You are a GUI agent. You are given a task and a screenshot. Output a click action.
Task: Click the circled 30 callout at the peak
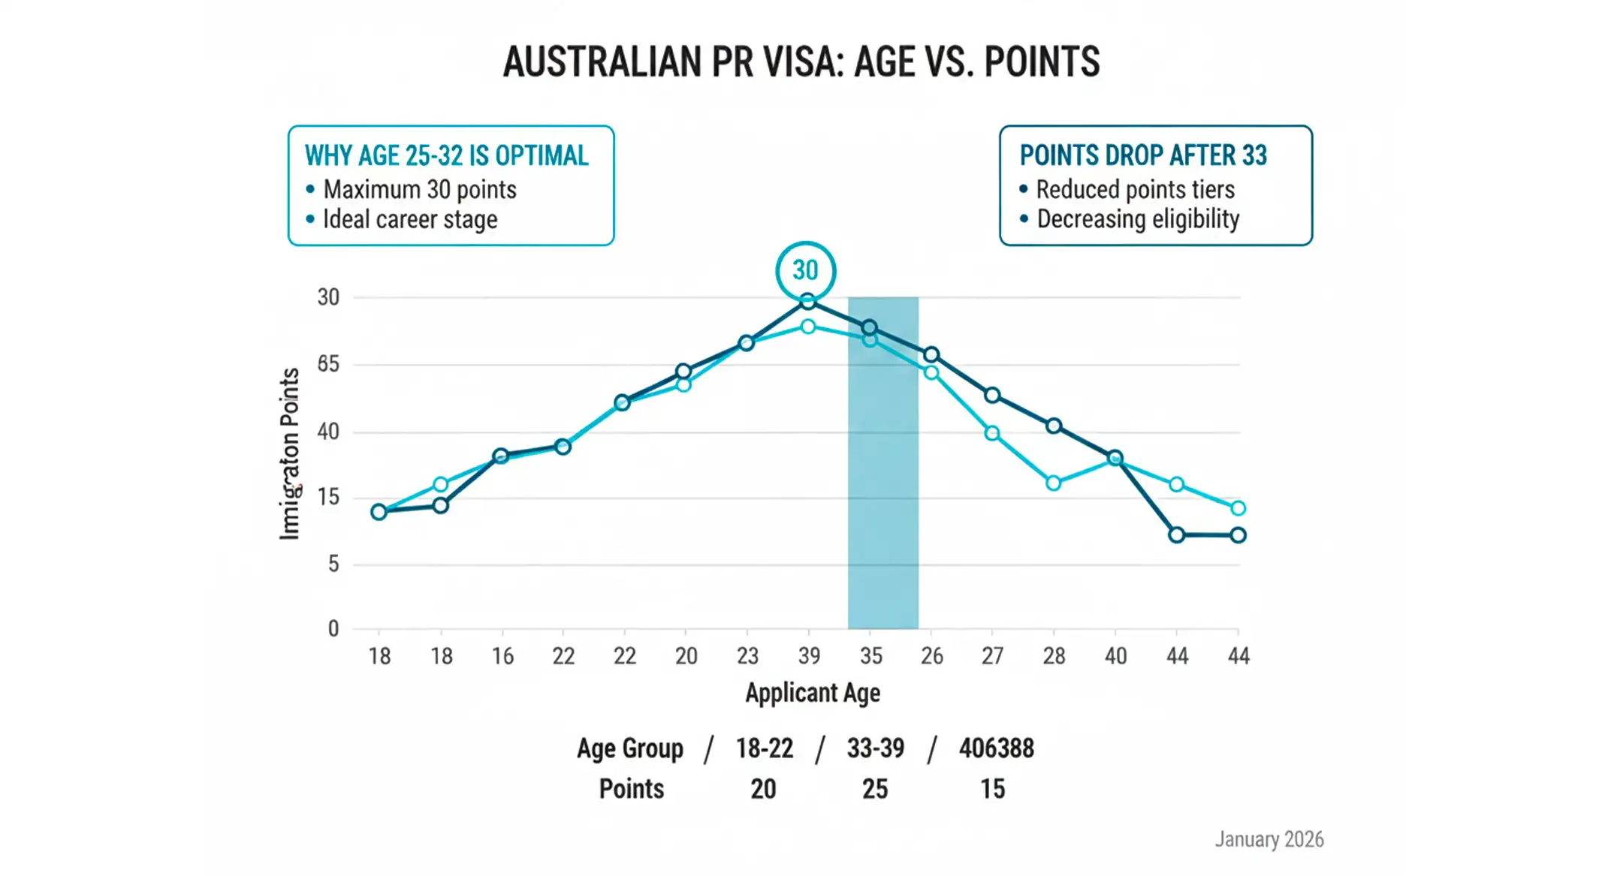(x=805, y=270)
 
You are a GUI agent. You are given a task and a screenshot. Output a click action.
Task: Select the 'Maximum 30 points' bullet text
(x=419, y=190)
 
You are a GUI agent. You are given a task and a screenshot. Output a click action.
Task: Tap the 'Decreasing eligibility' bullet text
(x=1137, y=219)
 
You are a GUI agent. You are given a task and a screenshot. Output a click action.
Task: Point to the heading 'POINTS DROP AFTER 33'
(x=1142, y=155)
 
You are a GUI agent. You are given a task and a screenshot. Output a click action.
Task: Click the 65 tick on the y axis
(x=328, y=364)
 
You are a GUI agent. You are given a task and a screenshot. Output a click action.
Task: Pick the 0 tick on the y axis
(x=333, y=629)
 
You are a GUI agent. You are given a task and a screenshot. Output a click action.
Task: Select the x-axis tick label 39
(x=809, y=656)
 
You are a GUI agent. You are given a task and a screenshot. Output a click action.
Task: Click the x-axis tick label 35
(x=870, y=656)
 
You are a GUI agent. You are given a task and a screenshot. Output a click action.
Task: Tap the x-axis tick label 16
(x=502, y=656)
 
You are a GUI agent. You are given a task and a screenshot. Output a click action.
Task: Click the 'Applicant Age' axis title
(x=812, y=693)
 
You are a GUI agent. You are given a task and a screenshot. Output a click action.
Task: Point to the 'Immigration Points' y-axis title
(x=290, y=453)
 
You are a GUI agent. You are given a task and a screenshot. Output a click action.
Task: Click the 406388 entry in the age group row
(x=996, y=748)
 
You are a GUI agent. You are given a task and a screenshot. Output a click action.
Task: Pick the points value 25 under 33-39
(x=874, y=789)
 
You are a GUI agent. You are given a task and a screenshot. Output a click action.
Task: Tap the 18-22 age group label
(x=764, y=748)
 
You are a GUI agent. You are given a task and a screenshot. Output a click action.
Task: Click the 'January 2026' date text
(x=1269, y=839)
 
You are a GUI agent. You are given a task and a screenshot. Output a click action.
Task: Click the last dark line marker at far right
(x=1238, y=535)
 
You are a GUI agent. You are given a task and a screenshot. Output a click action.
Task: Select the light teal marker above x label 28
(x=1053, y=483)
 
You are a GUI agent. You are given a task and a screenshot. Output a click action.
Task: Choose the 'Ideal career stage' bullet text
(x=409, y=220)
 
